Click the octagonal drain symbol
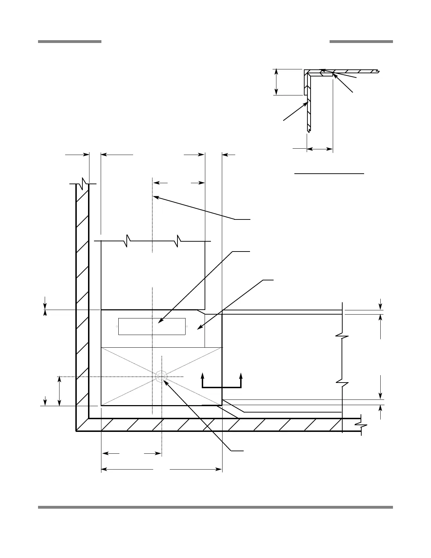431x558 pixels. point(161,376)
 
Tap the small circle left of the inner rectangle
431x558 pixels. point(117,327)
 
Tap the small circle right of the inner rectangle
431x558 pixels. point(187,327)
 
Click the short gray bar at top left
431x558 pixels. point(70,42)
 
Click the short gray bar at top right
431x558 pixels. point(361,42)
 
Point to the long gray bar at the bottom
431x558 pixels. point(215,507)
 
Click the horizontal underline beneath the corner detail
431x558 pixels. point(329,174)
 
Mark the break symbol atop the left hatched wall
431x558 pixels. point(83,183)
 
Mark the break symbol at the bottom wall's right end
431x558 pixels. point(361,426)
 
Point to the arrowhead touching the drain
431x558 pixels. point(165,381)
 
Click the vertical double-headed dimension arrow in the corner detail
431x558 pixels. point(277,82)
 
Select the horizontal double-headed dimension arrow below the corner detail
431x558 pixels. point(320,149)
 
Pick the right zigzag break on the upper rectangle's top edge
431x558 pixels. point(179,241)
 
